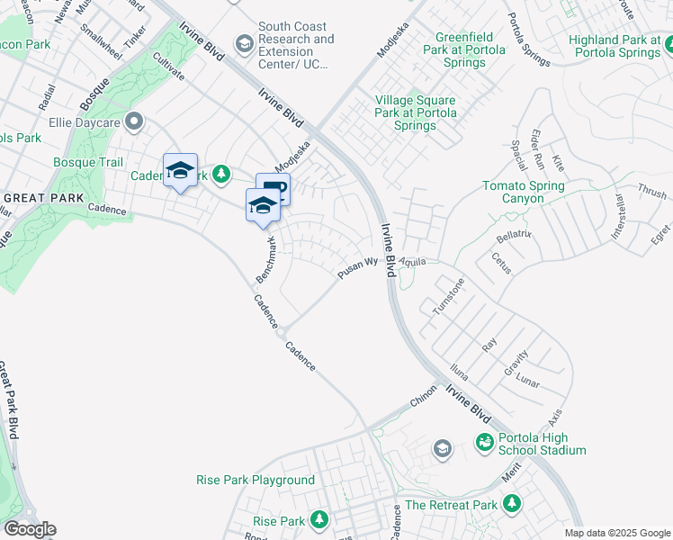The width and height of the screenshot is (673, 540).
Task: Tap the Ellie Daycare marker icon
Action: [x=135, y=121]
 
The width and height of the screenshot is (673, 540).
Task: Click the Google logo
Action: [x=30, y=529]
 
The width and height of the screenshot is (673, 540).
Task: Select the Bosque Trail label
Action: [x=87, y=162]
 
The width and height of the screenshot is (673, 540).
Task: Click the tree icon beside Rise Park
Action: [x=319, y=519]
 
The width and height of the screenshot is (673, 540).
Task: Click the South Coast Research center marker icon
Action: [x=244, y=43]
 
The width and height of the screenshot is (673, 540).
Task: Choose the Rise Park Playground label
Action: [x=256, y=481]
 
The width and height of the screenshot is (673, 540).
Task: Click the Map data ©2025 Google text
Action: [x=617, y=533]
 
